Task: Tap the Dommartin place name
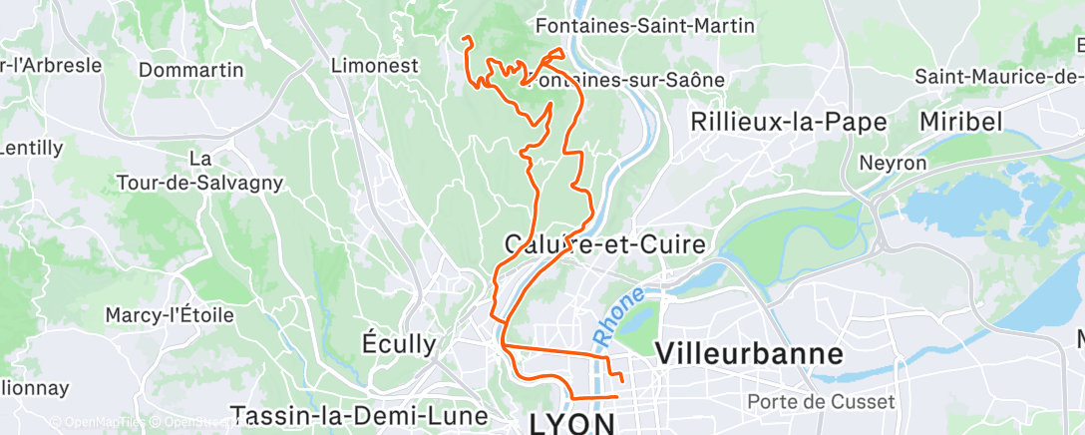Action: (x=191, y=70)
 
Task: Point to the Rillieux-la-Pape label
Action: (x=790, y=122)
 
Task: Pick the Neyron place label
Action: (x=893, y=163)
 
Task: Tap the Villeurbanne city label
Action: (x=749, y=353)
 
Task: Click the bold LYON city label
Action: (x=572, y=422)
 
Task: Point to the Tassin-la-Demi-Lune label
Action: (x=359, y=415)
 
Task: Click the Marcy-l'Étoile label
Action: (x=170, y=315)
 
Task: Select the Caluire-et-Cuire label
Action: (x=605, y=244)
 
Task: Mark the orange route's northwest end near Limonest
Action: (x=465, y=39)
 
